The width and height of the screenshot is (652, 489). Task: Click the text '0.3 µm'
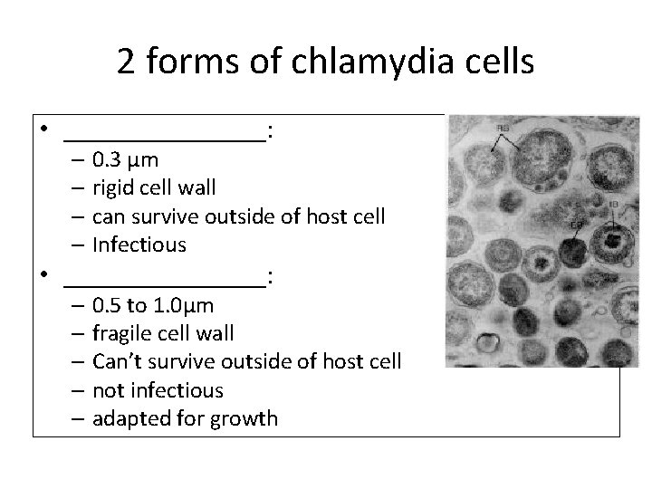(125, 160)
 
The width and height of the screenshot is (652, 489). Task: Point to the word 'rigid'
(116, 188)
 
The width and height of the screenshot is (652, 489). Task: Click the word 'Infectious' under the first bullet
(139, 244)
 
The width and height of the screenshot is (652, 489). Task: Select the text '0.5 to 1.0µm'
(153, 305)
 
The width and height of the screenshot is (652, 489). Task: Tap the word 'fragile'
(122, 334)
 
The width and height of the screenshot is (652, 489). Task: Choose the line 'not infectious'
(158, 390)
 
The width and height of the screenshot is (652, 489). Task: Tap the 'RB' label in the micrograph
(503, 129)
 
